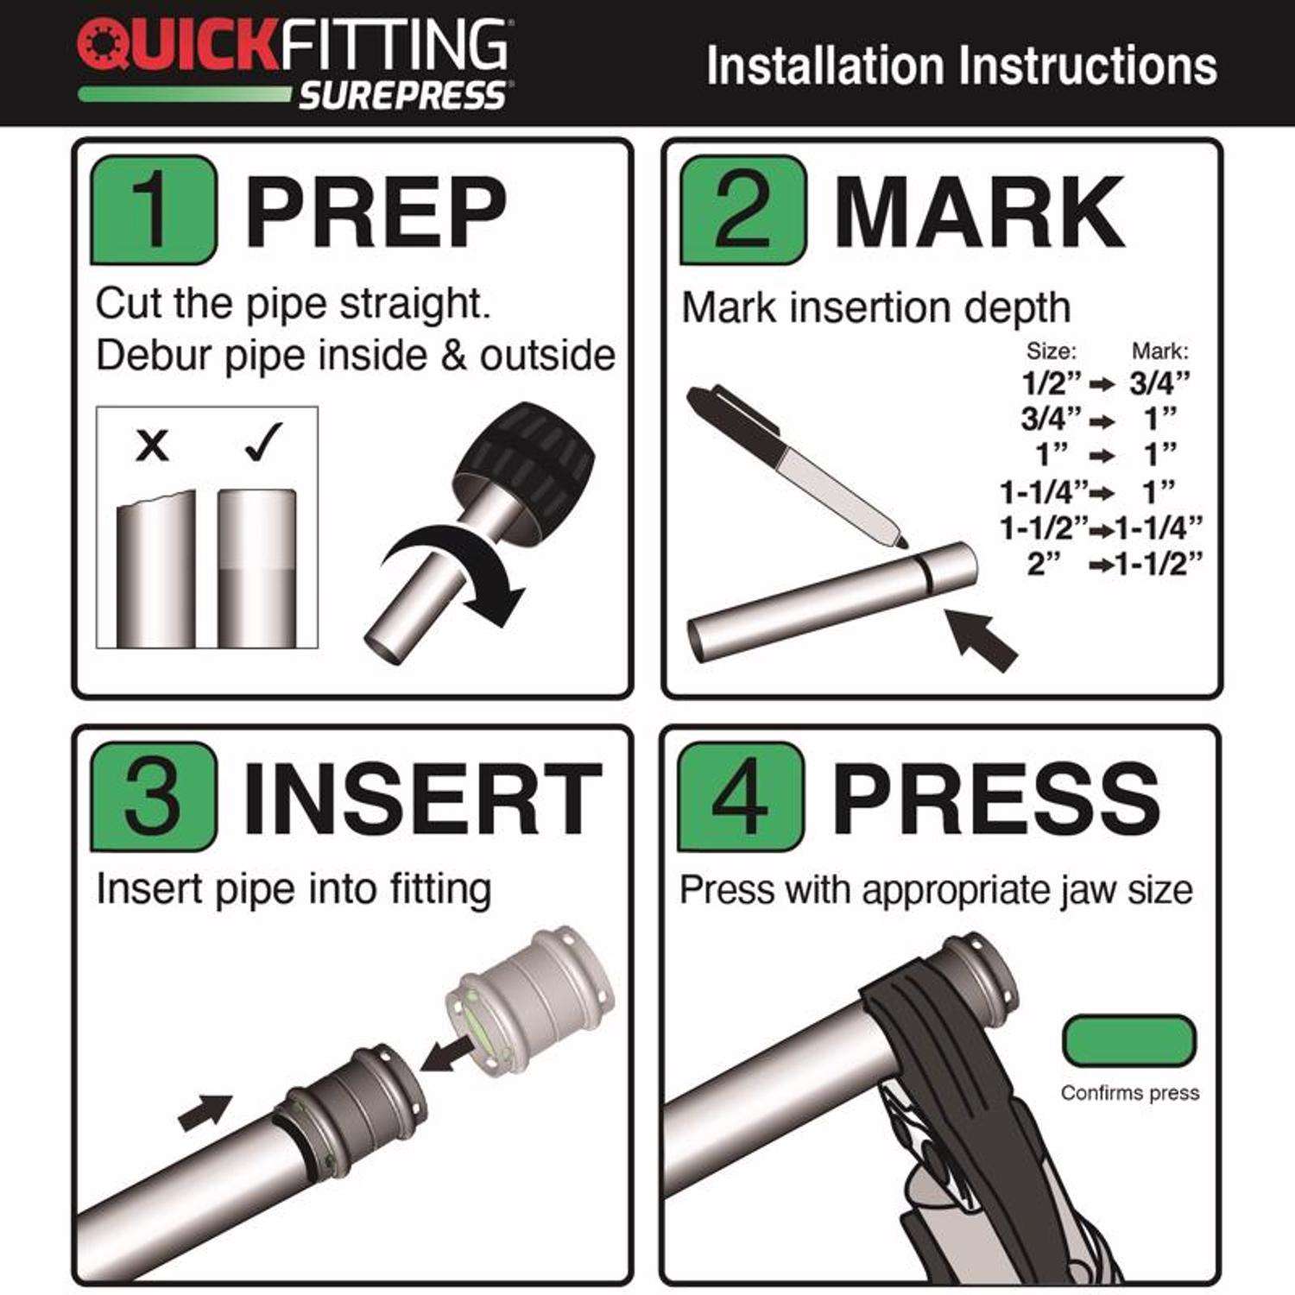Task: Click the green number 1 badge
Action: pos(154,210)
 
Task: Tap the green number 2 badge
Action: pos(742,210)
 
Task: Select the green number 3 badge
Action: pos(154,797)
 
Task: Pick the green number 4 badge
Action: pos(741,797)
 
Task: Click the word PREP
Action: pos(376,212)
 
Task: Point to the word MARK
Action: pos(979,212)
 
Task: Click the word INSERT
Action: pos(422,799)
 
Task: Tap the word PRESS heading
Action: pos(996,799)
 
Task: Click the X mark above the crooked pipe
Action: pos(153,446)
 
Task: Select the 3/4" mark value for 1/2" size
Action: pos(1159,382)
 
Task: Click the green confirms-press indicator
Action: pos(1129,1041)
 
